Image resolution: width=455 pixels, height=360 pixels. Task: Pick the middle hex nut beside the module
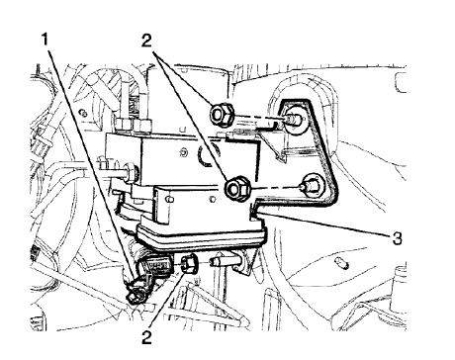237,186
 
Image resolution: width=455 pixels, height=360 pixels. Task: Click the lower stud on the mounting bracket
312,185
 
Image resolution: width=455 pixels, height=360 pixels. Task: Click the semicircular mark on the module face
203,156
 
